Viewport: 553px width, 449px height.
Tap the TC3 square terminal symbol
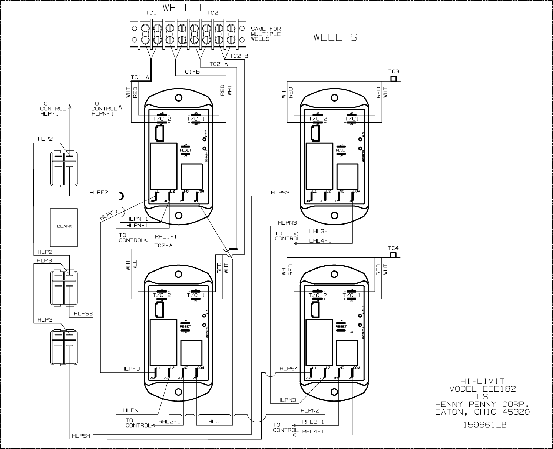[393, 79]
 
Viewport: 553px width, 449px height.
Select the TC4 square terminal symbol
[393, 255]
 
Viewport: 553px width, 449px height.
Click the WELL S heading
[335, 37]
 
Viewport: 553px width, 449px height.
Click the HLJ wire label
[214, 422]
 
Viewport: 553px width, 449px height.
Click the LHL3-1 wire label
[320, 231]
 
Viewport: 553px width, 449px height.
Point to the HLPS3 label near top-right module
[280, 193]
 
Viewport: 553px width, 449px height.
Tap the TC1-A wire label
[140, 77]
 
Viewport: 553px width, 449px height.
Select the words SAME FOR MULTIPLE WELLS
[265, 34]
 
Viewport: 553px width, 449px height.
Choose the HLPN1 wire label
[133, 410]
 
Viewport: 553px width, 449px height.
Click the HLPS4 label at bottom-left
[81, 436]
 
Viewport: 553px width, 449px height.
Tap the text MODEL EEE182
[482, 389]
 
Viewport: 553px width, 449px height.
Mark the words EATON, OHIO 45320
[482, 412]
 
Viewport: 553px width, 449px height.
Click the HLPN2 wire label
[310, 410]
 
